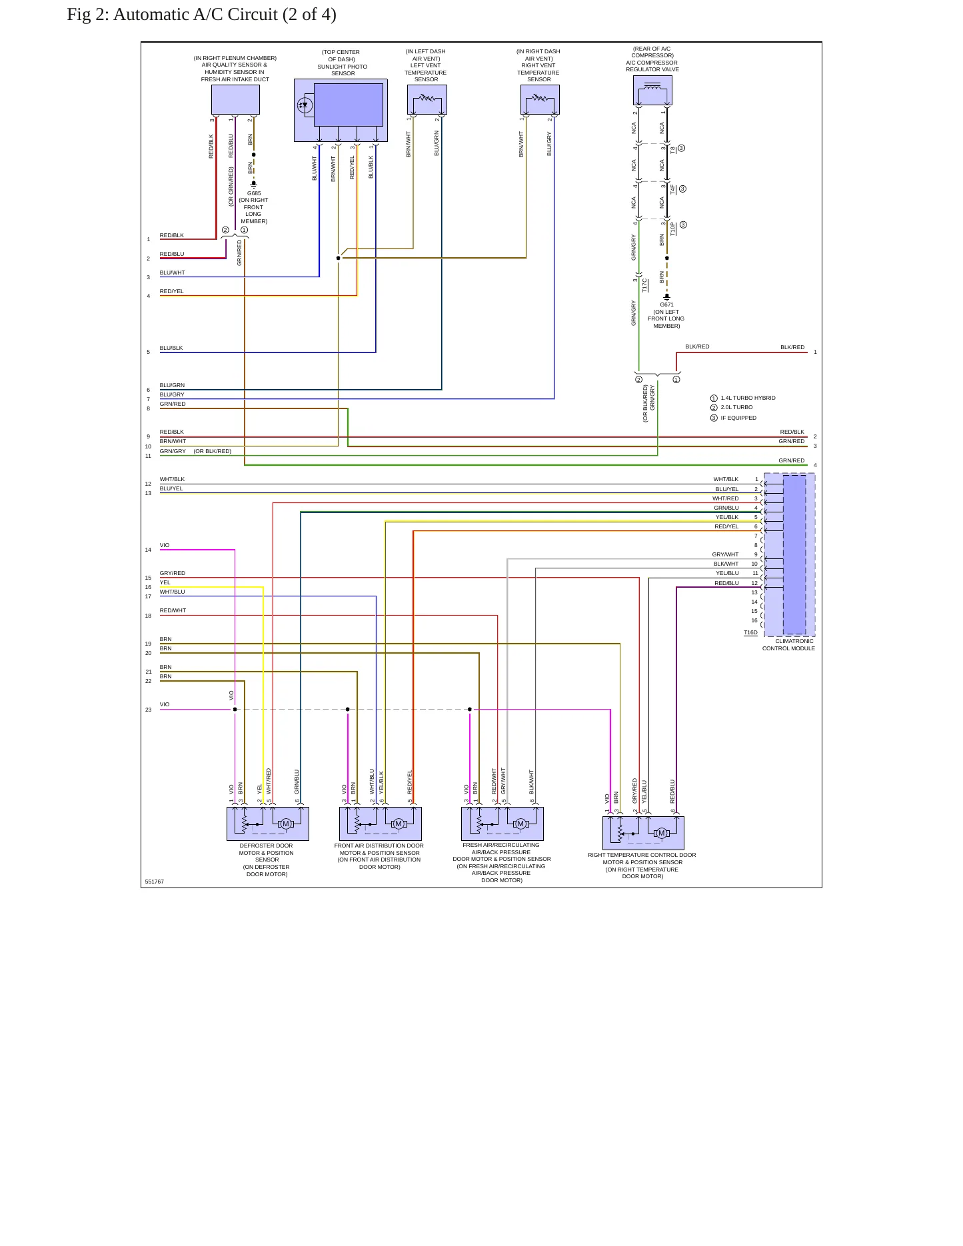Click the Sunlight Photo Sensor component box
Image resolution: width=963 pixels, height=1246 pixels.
coord(341,110)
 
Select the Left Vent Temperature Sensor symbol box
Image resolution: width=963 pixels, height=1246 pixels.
coord(427,100)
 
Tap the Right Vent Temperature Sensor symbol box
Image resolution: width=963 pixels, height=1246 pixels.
coord(540,100)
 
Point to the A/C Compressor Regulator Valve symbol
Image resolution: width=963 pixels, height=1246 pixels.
coord(652,90)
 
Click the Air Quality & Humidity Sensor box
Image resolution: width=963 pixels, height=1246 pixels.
coord(235,100)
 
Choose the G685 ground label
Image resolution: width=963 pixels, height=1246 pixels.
coord(254,193)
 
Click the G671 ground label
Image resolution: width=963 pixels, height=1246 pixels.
coord(667,305)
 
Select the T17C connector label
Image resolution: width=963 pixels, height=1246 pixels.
coord(645,285)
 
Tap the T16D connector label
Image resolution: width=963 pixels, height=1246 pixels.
coord(750,632)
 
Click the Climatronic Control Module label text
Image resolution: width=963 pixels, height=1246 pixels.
coord(789,644)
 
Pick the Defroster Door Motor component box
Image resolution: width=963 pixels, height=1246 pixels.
coord(268,824)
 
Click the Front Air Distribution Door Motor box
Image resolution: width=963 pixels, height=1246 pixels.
coord(381,824)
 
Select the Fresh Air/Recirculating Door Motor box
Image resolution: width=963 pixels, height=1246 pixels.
coord(502,824)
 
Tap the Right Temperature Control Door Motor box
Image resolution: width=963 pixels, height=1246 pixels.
coord(643,833)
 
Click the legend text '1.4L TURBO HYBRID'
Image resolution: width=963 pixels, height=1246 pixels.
coord(748,398)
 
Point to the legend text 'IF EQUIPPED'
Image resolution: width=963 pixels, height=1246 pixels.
coord(738,418)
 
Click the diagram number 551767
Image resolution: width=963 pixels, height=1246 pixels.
coord(155,882)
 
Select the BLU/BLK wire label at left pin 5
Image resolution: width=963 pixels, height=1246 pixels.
coord(171,348)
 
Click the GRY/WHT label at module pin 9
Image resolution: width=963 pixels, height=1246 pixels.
coord(725,554)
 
